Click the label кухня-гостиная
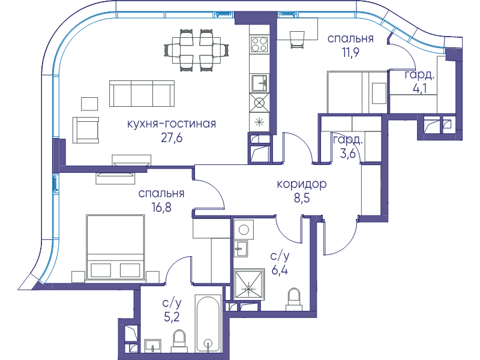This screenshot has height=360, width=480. (172, 124)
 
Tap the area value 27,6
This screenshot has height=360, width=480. (172, 138)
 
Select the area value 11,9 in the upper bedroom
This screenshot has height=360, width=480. (350, 52)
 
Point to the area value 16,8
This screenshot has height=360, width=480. (161, 208)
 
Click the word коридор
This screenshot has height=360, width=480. (302, 184)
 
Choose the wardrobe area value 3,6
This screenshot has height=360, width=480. (348, 153)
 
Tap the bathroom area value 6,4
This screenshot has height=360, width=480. (280, 269)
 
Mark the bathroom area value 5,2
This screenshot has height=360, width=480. (172, 317)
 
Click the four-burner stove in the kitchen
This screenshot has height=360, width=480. (259, 44)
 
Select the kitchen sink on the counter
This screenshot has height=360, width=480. (259, 83)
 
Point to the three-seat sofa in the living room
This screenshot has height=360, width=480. (142, 94)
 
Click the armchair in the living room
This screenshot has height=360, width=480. (86, 130)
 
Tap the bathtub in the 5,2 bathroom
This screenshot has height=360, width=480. (208, 323)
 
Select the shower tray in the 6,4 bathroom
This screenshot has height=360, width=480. (249, 284)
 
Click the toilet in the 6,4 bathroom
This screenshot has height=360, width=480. (294, 299)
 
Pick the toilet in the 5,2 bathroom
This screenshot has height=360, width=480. (179, 341)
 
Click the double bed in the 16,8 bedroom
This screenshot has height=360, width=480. (115, 247)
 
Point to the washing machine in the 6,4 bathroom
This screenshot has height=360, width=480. (244, 230)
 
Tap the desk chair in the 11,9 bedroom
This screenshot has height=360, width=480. (297, 40)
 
